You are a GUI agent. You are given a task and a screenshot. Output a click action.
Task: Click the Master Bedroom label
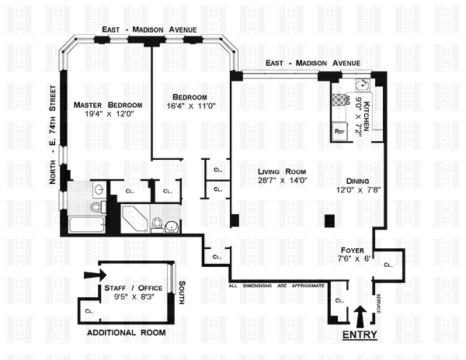tap(108, 105)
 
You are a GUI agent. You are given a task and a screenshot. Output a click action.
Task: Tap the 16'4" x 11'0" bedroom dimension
tap(191, 106)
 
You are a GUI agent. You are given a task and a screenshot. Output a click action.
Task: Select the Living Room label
tap(282, 171)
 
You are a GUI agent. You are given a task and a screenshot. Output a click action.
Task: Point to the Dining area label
tap(357, 181)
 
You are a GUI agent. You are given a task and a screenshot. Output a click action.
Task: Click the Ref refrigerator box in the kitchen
tap(339, 131)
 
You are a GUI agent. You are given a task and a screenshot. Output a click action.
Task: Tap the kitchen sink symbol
tap(363, 85)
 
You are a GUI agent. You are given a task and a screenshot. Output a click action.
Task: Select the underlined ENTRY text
tap(360, 334)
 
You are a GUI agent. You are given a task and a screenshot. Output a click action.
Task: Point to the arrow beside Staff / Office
tap(95, 275)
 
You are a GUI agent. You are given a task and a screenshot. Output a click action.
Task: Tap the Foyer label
tap(352, 250)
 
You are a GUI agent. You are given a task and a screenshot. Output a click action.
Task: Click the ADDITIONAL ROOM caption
tap(127, 333)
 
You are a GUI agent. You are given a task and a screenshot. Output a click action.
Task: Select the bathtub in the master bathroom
tap(86, 225)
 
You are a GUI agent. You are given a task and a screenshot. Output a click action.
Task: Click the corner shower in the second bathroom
tap(134, 219)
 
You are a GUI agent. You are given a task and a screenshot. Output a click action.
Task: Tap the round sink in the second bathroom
tap(172, 227)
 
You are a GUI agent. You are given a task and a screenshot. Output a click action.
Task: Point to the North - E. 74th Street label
tap(53, 134)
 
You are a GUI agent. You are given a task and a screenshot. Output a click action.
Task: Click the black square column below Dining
tap(329, 221)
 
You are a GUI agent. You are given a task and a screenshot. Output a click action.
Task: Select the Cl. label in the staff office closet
tap(89, 311)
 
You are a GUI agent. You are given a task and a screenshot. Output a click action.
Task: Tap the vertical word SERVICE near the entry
tap(378, 303)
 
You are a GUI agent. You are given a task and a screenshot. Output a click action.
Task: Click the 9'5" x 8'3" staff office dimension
tap(134, 296)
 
